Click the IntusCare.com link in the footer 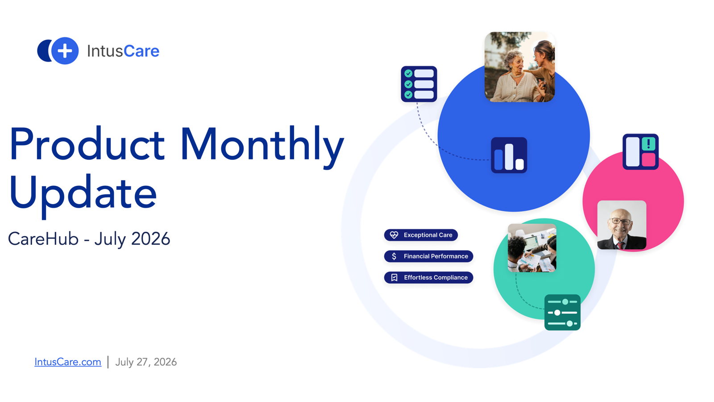68,362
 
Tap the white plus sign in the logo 65,51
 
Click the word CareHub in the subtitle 43,239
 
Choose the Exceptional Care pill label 421,235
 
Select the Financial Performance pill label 428,256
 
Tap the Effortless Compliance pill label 428,277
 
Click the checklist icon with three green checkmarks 419,84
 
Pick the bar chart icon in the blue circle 509,155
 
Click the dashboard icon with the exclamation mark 641,151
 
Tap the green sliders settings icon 563,312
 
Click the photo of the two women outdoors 519,67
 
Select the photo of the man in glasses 622,225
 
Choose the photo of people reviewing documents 532,248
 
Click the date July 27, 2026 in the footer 146,362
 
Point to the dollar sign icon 394,256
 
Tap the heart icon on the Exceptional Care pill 394,235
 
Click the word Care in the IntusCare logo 141,51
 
